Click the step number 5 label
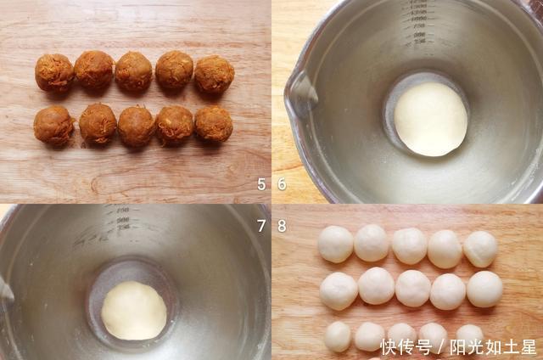(261, 184)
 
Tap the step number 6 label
(282, 184)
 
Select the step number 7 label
(261, 225)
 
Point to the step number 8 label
(282, 225)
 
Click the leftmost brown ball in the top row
(54, 73)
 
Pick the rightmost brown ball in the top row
(214, 75)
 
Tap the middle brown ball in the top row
(134, 71)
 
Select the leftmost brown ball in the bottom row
(54, 125)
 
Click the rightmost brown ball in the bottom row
(214, 124)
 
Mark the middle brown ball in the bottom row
(137, 125)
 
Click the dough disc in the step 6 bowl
(430, 119)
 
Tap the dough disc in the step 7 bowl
(134, 310)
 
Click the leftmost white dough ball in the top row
(335, 245)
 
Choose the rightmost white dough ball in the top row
(480, 249)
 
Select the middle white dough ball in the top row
(409, 245)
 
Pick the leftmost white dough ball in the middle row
(339, 290)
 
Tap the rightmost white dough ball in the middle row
(484, 289)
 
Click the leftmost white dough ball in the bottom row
(338, 336)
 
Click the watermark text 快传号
(406, 347)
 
